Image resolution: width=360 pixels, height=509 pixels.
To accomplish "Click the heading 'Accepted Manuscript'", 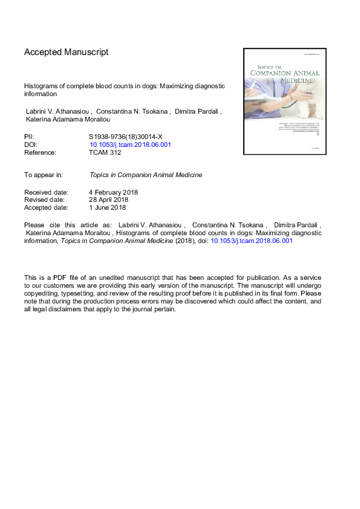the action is (66, 53).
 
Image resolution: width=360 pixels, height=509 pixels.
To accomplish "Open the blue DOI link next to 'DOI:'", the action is (130, 145).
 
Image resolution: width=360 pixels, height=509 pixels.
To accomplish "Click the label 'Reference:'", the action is (40, 153).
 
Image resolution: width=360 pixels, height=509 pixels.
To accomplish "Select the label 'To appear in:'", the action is (44, 175).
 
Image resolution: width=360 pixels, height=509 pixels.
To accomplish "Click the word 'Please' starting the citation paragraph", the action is (34, 224).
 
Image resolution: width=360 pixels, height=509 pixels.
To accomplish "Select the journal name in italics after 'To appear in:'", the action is (145, 175).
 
